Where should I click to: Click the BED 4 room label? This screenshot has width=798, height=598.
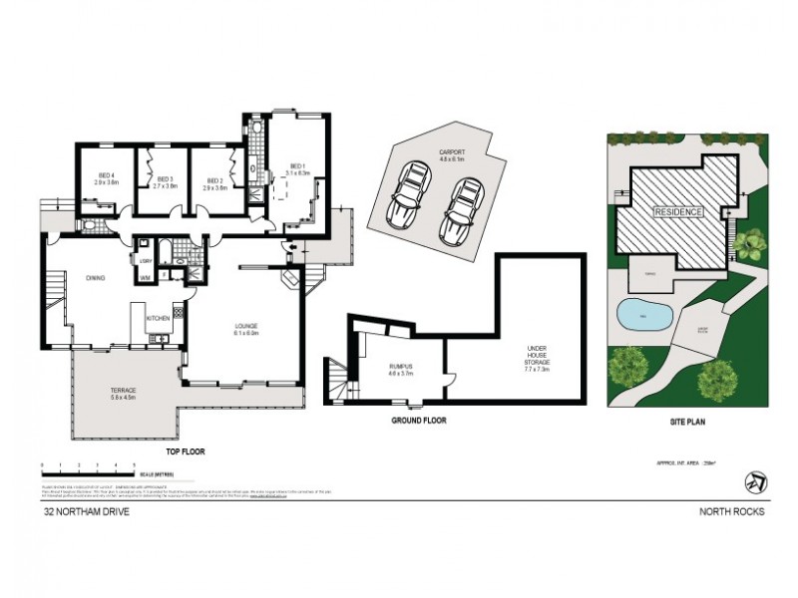click(x=107, y=179)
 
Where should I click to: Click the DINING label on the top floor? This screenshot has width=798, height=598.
click(x=96, y=278)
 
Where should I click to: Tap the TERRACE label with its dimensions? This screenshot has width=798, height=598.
click(x=124, y=393)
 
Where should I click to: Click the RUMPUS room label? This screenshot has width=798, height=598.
click(x=400, y=369)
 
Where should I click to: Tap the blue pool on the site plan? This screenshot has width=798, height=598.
click(x=637, y=316)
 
